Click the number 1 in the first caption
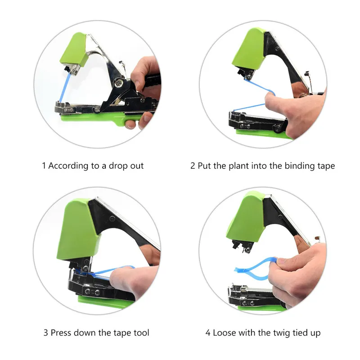click(x=44, y=166)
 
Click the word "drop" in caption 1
click(x=117, y=166)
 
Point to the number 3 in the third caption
click(x=46, y=333)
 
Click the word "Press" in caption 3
click(x=61, y=333)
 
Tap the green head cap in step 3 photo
click(x=78, y=229)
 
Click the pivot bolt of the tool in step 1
click(x=119, y=82)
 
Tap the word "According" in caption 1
click(x=68, y=166)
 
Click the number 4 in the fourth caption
click(x=208, y=333)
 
